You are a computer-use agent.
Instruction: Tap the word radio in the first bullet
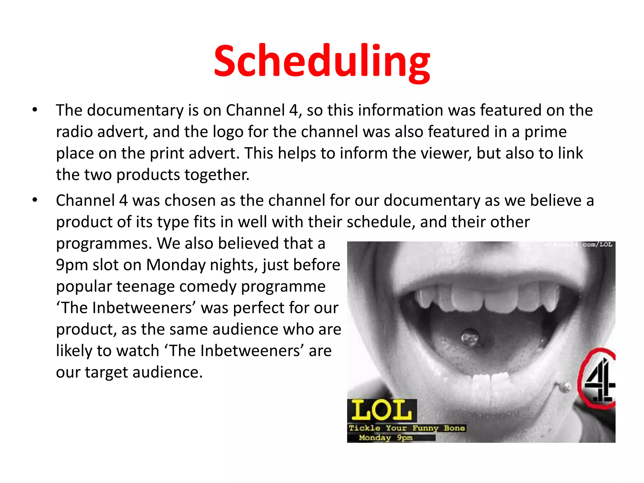tap(74, 132)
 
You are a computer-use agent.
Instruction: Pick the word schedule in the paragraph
tap(379, 222)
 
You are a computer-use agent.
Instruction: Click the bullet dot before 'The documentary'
tap(35, 110)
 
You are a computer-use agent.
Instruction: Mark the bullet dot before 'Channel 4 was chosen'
tap(35, 200)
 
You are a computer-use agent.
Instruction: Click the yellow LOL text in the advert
tap(381, 410)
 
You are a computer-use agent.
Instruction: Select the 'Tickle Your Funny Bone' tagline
tap(407, 428)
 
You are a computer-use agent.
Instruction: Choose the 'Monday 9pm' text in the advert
tap(386, 438)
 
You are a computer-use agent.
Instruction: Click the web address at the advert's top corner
tap(579, 245)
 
